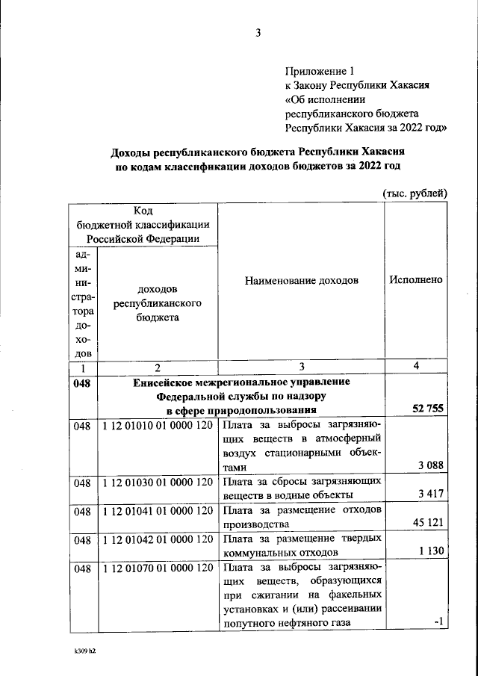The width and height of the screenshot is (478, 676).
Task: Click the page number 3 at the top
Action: [x=258, y=33]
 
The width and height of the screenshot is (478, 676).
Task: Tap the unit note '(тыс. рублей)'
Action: [x=415, y=193]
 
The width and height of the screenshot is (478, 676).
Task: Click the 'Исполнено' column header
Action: [x=415, y=280]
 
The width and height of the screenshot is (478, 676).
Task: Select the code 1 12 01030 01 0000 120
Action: [x=157, y=483]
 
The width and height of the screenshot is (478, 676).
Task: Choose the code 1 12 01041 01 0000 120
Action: [x=157, y=511]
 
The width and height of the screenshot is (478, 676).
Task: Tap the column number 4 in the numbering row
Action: [x=415, y=366]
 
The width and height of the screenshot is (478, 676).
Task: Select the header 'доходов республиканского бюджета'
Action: [x=157, y=303]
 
